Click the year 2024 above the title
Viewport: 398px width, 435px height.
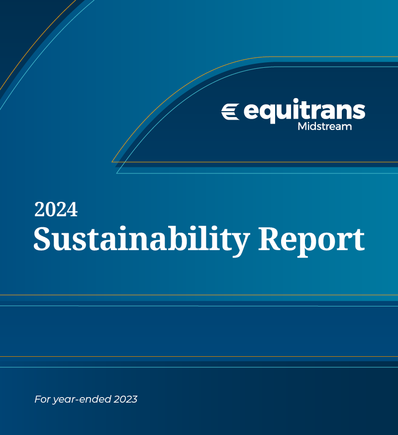point(56,209)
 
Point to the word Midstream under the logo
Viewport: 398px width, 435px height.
point(324,127)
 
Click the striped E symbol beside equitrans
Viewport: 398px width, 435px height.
point(230,112)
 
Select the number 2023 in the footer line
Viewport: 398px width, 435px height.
point(125,399)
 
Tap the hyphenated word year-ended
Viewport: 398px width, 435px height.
point(82,400)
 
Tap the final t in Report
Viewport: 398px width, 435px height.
point(358,240)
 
